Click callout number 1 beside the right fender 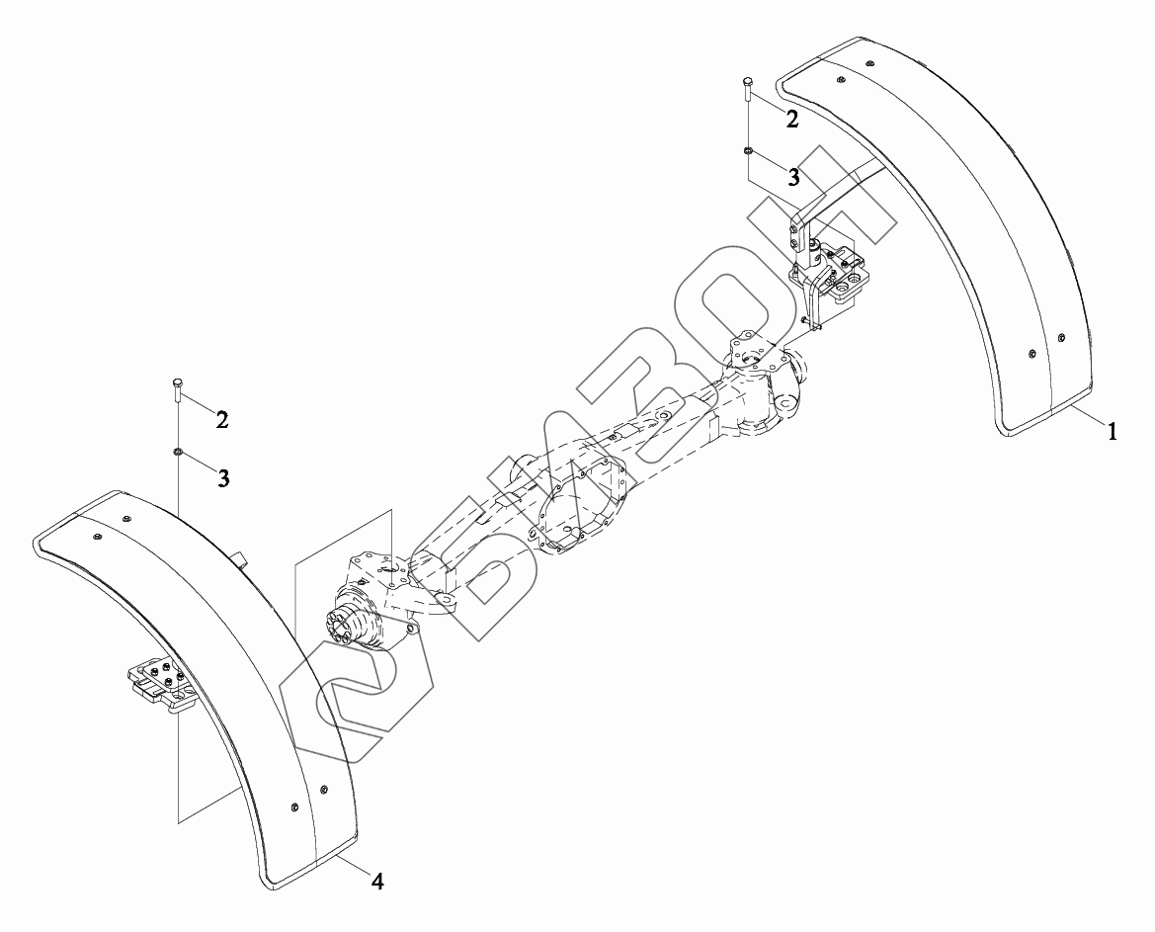(1111, 431)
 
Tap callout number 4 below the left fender (377, 881)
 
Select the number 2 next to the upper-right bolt (792, 120)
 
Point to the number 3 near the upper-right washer (792, 177)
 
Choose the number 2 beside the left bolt (222, 419)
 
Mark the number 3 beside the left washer (223, 478)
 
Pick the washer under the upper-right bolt (749, 150)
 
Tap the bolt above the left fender (178, 390)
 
